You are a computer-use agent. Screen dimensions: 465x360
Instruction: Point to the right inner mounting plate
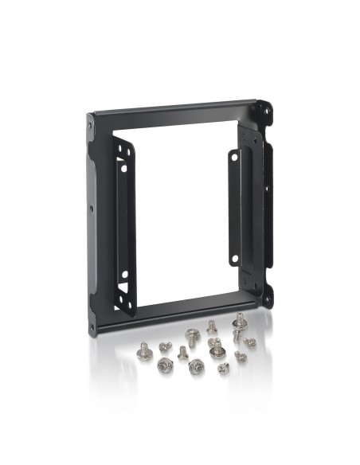point(235,207)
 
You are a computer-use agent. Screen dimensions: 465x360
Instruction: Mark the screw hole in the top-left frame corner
point(91,125)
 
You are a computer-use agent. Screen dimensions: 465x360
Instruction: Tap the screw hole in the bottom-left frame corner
point(93,326)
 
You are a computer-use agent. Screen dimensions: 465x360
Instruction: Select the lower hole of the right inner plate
point(235,256)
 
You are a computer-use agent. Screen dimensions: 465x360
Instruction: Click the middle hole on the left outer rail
point(91,209)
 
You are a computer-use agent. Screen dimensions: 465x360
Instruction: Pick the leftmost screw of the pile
point(144,350)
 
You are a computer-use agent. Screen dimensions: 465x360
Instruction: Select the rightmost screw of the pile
point(249,342)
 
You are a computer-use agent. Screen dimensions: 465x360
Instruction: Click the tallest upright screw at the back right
point(237,323)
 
